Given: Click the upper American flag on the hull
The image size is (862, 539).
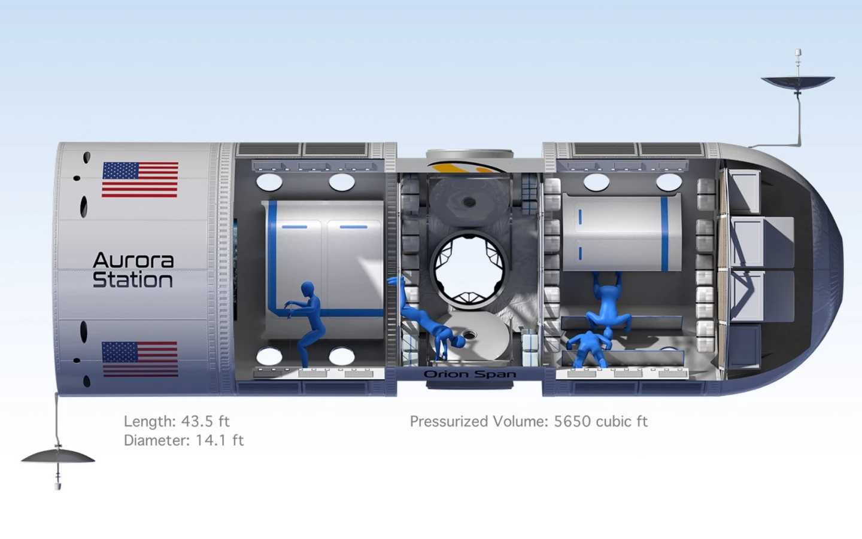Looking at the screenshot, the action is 139,179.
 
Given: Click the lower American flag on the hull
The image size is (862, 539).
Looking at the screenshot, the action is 139,359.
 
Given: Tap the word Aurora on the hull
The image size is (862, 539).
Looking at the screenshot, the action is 133,260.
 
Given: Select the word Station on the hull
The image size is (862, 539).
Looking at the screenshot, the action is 133,279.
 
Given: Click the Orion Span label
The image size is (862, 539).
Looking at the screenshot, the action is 469,374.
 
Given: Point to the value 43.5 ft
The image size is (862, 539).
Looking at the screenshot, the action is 205,421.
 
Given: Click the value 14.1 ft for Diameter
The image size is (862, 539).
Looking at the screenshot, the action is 220,440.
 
